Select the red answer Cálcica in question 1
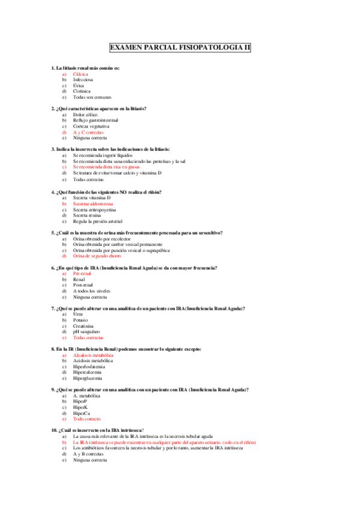[81, 74]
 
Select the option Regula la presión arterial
[97, 221]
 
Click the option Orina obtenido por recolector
[102, 238]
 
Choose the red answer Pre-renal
[82, 273]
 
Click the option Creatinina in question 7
[84, 325]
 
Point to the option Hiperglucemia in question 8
[88, 378]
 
